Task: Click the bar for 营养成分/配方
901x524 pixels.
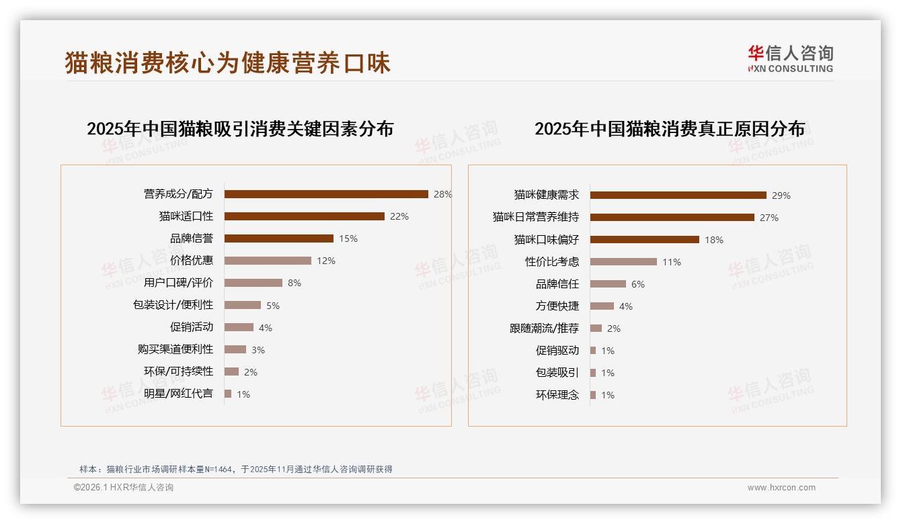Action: pyautogui.click(x=326, y=194)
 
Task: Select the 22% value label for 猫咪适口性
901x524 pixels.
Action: pyautogui.click(x=399, y=216)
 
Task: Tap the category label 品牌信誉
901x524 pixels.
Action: pyautogui.click(x=192, y=238)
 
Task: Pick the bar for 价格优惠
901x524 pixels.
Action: pyautogui.click(x=268, y=261)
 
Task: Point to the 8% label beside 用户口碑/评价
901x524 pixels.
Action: pyautogui.click(x=295, y=283)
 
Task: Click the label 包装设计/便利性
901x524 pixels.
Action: pyautogui.click(x=173, y=305)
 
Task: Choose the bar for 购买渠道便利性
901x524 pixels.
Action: pyautogui.click(x=235, y=349)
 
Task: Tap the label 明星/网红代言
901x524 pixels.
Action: pyautogui.click(x=178, y=394)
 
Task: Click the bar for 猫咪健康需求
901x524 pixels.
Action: pyautogui.click(x=678, y=195)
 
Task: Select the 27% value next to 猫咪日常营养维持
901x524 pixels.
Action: pyautogui.click(x=769, y=218)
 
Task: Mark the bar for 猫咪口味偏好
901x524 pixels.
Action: pyautogui.click(x=644, y=240)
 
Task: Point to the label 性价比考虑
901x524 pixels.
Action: pyautogui.click(x=552, y=262)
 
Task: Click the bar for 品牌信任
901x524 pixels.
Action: pyautogui.click(x=608, y=284)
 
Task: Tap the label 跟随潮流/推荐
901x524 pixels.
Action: pyautogui.click(x=544, y=329)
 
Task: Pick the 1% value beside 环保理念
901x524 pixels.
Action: pyautogui.click(x=608, y=395)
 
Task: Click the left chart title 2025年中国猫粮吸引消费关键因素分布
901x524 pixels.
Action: pyautogui.click(x=240, y=128)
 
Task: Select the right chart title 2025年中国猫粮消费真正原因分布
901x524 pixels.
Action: pyautogui.click(x=669, y=128)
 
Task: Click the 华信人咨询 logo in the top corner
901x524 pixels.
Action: pyautogui.click(x=790, y=58)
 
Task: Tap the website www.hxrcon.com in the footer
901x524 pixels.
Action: pyautogui.click(x=781, y=488)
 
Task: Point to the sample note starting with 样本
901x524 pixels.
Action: pyautogui.click(x=235, y=470)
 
